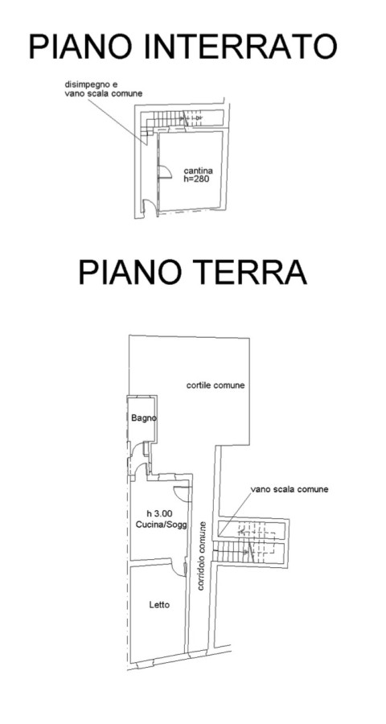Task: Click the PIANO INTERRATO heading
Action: pos(183,47)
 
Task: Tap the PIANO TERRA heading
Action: pos(192,272)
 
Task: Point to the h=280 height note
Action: pos(197,180)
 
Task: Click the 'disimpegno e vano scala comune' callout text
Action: pos(104,89)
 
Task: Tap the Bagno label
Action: pos(144,418)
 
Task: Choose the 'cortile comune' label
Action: pos(216,385)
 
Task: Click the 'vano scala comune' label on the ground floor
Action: pos(289,489)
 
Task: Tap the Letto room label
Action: pos(159,605)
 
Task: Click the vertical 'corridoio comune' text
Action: pos(201,556)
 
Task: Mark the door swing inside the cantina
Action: pos(165,171)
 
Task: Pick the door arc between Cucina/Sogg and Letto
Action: pos(177,570)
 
